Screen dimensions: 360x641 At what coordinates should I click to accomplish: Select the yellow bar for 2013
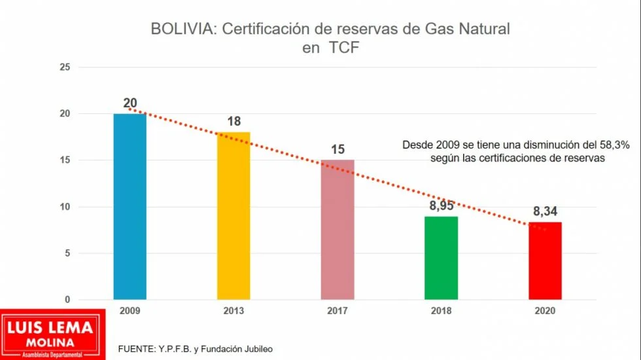click(234, 216)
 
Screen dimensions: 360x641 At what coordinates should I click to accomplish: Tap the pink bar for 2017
click(338, 230)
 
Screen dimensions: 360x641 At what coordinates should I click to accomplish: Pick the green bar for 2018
click(442, 258)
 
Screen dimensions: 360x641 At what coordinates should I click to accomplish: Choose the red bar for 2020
click(545, 261)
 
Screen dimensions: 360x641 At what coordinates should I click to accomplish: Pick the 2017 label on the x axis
click(338, 312)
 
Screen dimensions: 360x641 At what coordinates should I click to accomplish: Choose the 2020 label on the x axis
click(545, 312)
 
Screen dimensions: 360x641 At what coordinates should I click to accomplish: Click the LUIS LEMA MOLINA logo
click(52, 334)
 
